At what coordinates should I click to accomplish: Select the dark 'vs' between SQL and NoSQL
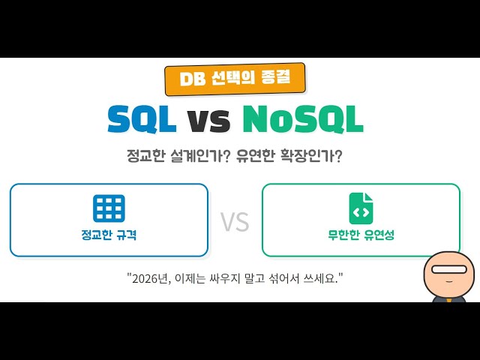coord(209,121)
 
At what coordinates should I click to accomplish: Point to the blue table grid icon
coord(109,208)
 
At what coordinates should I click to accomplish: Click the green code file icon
coord(361,208)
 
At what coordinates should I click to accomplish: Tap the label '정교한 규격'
coord(109,235)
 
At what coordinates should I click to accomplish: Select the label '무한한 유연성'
coord(361,235)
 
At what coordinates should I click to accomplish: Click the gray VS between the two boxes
coord(235,222)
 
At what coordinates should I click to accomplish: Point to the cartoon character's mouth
coord(448,282)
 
